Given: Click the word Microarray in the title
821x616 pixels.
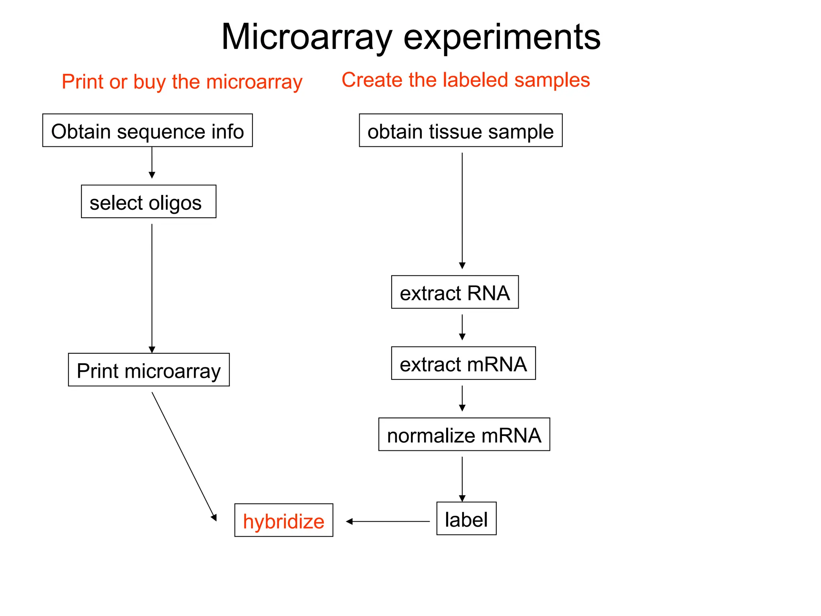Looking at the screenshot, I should (x=306, y=37).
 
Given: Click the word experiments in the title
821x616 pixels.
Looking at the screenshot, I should (x=501, y=37).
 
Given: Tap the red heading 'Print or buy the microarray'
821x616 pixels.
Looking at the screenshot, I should (x=182, y=82).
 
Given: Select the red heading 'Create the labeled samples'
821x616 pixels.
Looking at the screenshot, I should (x=465, y=80).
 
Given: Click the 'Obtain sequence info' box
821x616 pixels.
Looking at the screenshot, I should (x=148, y=131).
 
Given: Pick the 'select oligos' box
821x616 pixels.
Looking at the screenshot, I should (x=148, y=202).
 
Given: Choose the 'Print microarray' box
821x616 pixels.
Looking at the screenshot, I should (x=149, y=370).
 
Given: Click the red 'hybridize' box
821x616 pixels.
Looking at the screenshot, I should (x=284, y=521).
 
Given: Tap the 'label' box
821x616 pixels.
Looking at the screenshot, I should (x=466, y=519).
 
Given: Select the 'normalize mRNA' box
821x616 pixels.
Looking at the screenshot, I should (x=464, y=435).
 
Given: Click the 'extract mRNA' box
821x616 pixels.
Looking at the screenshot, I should (x=463, y=363).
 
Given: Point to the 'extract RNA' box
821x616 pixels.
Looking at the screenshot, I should (x=455, y=292).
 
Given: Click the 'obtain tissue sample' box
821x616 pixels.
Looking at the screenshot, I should (x=461, y=131).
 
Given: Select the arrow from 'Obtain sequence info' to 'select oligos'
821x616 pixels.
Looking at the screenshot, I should (x=152, y=163).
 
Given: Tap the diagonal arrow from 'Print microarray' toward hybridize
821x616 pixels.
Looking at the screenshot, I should (x=184, y=456).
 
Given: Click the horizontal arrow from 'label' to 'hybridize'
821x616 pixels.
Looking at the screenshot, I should (x=388, y=521).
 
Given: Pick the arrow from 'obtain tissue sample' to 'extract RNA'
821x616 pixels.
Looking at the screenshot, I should (x=462, y=211).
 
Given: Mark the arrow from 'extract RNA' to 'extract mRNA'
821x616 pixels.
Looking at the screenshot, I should (x=462, y=327).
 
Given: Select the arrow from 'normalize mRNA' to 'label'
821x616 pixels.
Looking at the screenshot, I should (x=462, y=479).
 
